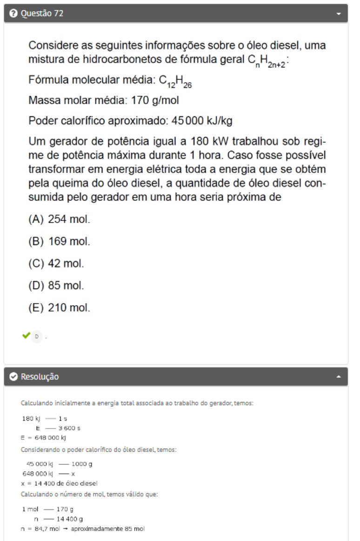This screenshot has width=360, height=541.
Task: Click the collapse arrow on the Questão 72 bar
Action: pyautogui.click(x=338, y=14)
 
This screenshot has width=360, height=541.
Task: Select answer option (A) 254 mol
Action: pyautogui.click(x=59, y=219)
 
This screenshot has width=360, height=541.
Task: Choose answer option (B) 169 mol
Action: pyautogui.click(x=59, y=241)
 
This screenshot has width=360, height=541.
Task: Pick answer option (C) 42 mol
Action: pyautogui.click(x=56, y=264)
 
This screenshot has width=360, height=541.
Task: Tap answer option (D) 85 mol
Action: pyautogui.click(x=56, y=286)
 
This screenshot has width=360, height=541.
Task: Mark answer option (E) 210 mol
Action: pyautogui.click(x=59, y=308)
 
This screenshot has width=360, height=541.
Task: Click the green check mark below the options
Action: pyautogui.click(x=26, y=335)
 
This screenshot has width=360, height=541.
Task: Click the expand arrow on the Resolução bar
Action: pyautogui.click(x=338, y=376)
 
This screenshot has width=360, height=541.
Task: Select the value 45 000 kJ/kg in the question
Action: pyautogui.click(x=202, y=121)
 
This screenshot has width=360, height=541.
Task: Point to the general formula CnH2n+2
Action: pyautogui.click(x=267, y=60)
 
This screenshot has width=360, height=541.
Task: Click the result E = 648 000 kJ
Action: pyautogui.click(x=44, y=438)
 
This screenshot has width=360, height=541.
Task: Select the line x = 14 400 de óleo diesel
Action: pyautogui.click(x=59, y=483)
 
